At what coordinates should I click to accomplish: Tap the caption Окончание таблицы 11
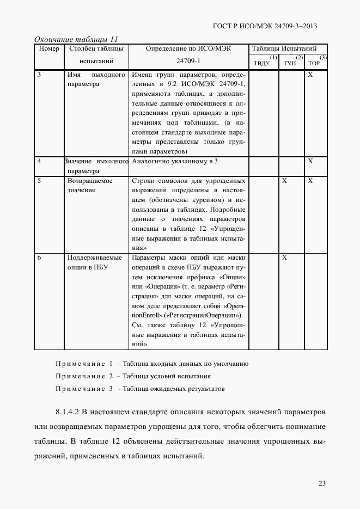(76, 39)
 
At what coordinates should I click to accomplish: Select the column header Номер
(49, 49)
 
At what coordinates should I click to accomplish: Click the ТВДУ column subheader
(262, 63)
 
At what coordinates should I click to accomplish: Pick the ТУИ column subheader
(289, 63)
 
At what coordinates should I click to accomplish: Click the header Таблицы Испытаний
(288, 49)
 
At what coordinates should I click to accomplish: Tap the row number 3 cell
(39, 74)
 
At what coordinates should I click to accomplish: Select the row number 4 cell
(39, 162)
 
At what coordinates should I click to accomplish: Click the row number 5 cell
(39, 181)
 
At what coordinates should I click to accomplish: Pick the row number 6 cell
(39, 257)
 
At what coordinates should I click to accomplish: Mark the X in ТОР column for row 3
(310, 74)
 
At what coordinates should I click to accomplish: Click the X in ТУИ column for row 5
(284, 181)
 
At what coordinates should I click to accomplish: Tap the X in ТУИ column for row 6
(284, 257)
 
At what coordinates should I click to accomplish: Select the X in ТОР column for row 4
(310, 162)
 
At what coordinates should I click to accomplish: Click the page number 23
(321, 482)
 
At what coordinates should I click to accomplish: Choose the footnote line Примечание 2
(133, 376)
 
